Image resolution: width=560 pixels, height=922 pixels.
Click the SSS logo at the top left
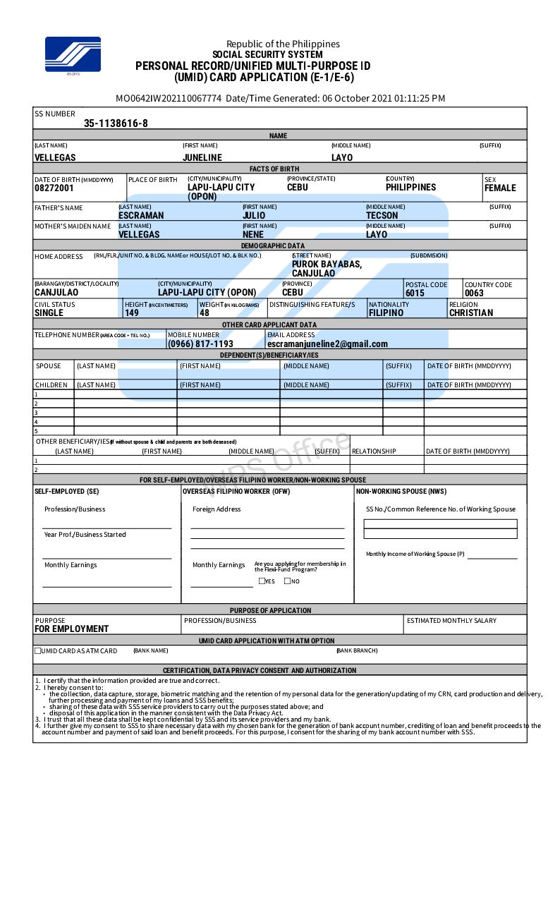73,54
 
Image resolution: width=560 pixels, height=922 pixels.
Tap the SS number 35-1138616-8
116,123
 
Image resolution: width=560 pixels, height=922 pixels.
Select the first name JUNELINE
202,158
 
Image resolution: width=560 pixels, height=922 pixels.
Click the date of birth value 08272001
54,188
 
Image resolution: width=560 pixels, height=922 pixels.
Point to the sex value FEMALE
500,188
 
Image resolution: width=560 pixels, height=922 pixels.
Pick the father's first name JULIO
254,216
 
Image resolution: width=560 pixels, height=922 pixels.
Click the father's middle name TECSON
382,216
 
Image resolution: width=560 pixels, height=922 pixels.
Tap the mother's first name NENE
252,235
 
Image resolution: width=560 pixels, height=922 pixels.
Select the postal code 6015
415,293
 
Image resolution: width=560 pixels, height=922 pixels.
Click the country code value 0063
474,293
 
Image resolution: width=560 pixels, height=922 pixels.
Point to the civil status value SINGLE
49,313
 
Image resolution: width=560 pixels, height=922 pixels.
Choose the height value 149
132,313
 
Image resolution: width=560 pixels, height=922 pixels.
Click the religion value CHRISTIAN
470,313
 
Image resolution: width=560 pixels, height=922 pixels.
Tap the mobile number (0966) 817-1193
200,344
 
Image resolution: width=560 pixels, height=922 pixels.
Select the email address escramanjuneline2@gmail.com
327,344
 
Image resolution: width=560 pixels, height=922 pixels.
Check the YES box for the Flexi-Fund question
262,581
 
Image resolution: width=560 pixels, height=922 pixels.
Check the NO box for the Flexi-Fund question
287,581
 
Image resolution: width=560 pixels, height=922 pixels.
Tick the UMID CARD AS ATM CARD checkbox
38,651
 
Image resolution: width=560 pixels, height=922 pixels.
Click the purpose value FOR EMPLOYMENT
71,629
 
